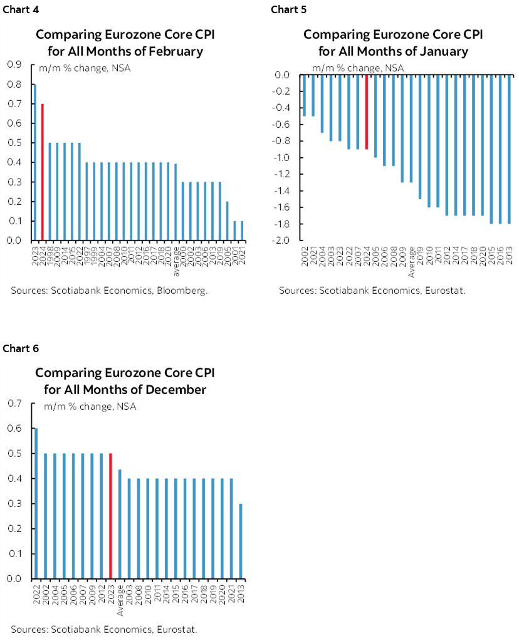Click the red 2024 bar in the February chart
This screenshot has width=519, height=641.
42,172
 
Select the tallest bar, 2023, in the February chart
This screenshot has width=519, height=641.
34,162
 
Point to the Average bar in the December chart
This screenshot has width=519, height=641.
119,524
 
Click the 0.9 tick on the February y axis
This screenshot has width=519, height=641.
14,64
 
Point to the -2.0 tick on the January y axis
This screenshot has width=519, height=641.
282,241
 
